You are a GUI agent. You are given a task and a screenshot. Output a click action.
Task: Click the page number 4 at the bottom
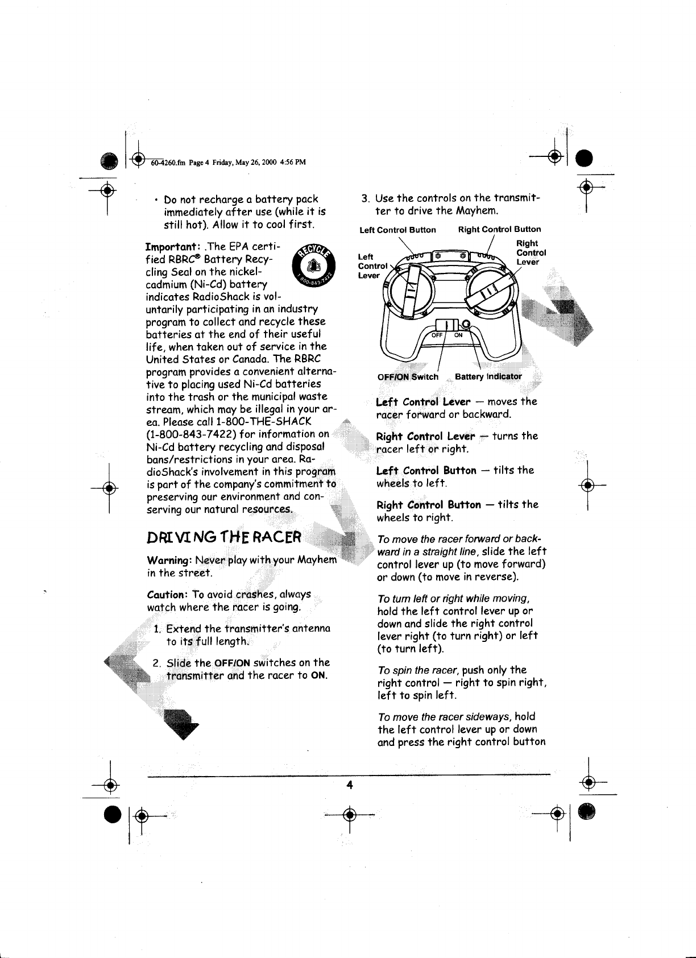pos(350,785)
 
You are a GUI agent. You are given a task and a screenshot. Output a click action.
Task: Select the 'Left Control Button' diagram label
pos(397,230)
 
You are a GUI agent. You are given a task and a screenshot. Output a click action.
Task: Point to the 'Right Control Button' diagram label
pos(499,230)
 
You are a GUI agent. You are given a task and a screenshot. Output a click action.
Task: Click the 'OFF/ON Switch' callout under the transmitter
pos(408,376)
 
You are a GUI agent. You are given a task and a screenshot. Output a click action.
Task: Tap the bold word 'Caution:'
pos(167,594)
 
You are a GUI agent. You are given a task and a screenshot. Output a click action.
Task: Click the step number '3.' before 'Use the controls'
pos(367,199)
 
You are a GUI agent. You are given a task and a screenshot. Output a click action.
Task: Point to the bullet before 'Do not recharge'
pos(155,200)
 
